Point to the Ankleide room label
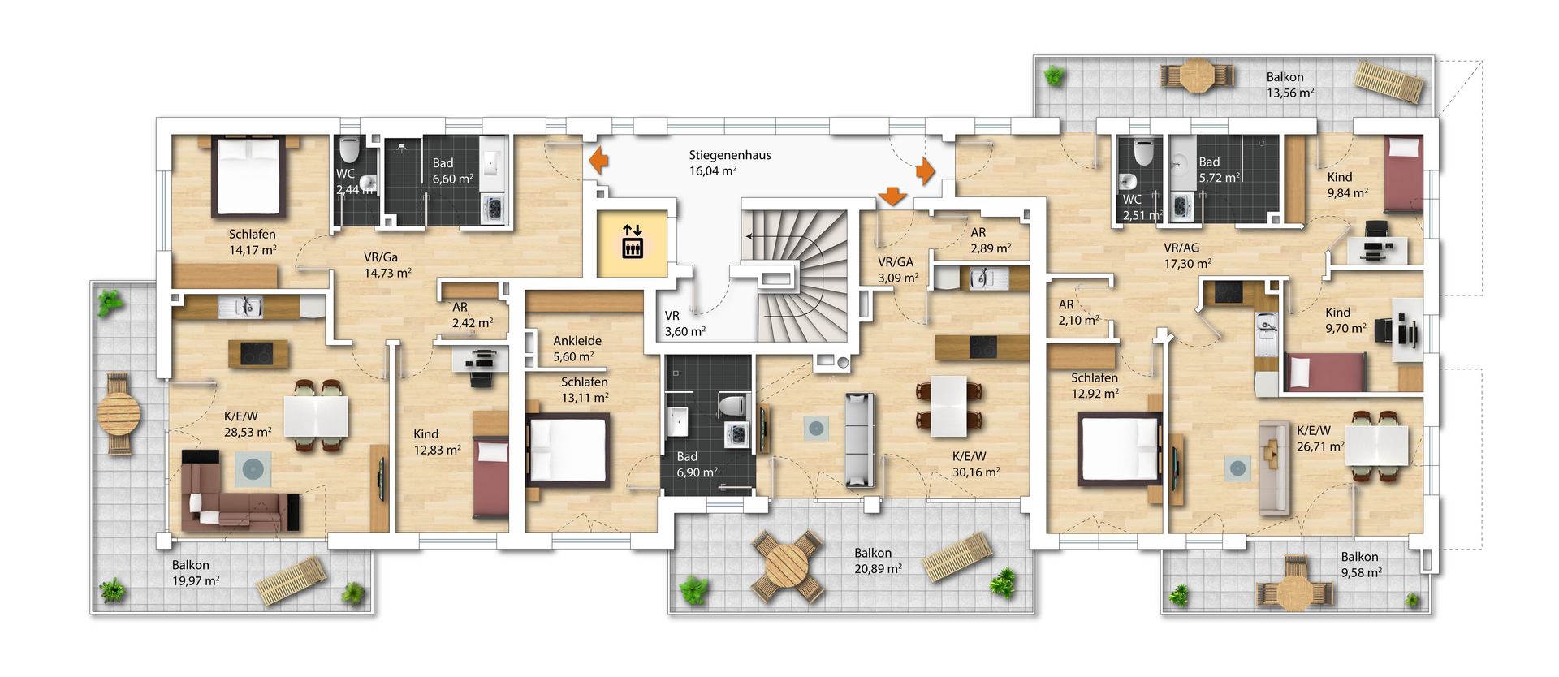[x=577, y=341]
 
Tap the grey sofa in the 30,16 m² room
[x=859, y=440]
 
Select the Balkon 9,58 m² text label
[x=1360, y=564]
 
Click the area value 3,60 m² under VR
[x=684, y=331]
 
